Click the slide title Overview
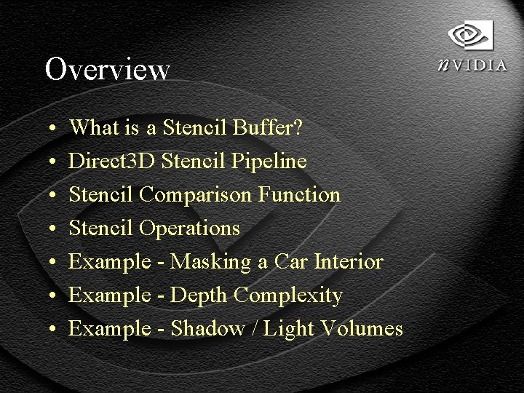click(107, 70)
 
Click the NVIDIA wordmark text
click(473, 65)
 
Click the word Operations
click(189, 229)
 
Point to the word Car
click(290, 262)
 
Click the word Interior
click(349, 262)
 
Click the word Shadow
click(207, 329)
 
